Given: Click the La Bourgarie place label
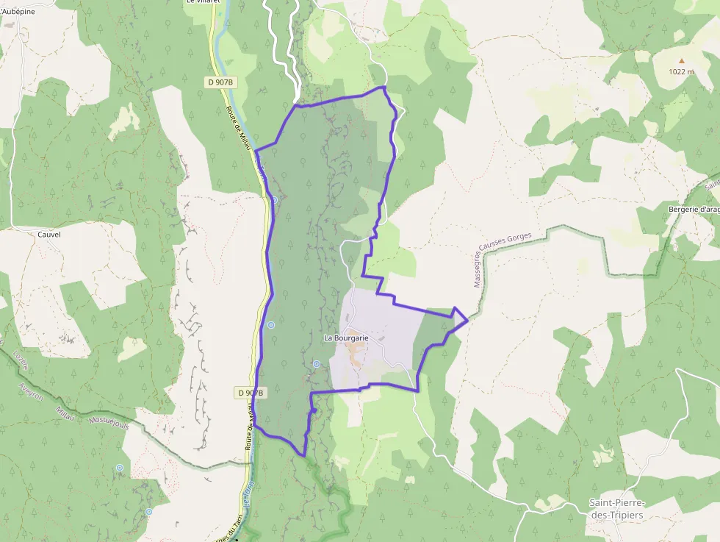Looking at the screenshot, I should tap(346, 338).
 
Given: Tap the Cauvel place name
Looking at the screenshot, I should tap(48, 234).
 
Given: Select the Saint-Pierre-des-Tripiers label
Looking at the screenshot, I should tap(616, 508).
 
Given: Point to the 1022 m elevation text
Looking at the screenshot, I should tap(681, 71).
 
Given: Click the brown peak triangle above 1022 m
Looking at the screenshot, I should tap(681, 61).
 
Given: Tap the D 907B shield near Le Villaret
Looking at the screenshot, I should tap(220, 82).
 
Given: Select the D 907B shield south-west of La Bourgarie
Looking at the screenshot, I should tap(251, 393).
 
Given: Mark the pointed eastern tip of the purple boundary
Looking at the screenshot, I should tap(468, 319).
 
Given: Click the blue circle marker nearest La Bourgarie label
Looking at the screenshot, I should tap(317, 363).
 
